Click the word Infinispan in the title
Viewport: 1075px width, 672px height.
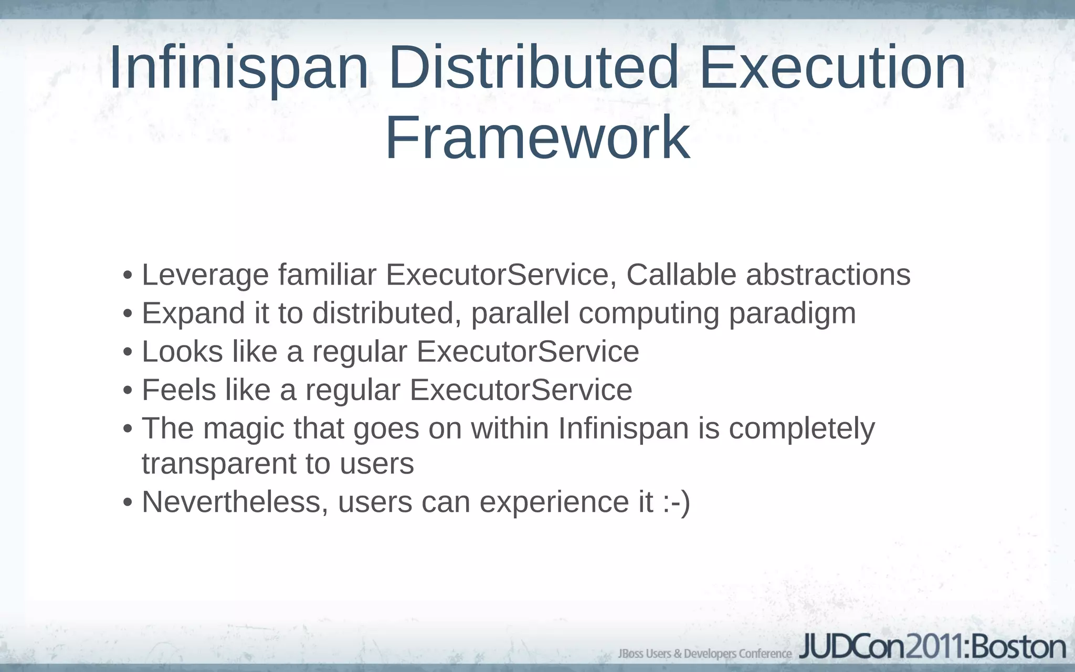pyautogui.click(x=239, y=68)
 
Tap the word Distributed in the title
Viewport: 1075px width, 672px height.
pyautogui.click(x=533, y=68)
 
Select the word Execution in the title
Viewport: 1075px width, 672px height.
pyautogui.click(x=832, y=68)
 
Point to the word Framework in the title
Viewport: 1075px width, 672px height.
pyautogui.click(x=537, y=138)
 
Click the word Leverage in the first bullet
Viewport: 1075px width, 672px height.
pyautogui.click(x=205, y=275)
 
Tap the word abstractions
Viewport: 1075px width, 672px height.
pyautogui.click(x=828, y=275)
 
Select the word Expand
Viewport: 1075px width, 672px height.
pyautogui.click(x=193, y=313)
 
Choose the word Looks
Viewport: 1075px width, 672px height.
pyautogui.click(x=183, y=351)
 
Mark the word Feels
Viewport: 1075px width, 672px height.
pyautogui.click(x=179, y=390)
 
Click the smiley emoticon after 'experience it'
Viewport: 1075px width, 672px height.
pyautogui.click(x=677, y=502)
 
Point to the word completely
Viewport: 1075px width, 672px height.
pyautogui.click(x=802, y=429)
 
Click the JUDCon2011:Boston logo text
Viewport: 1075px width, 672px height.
pyautogui.click(x=933, y=647)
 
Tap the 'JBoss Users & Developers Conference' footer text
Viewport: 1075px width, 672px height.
pyautogui.click(x=705, y=654)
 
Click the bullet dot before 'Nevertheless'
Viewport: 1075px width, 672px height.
pyautogui.click(x=127, y=502)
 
